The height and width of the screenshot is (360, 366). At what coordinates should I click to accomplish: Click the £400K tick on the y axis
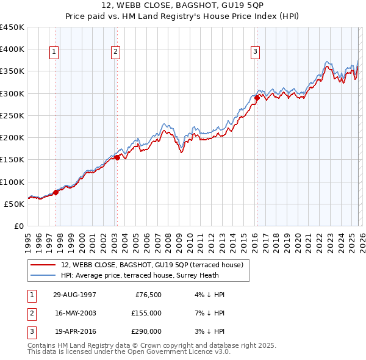click(x=12, y=49)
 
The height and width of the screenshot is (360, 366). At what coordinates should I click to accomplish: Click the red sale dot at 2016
click(x=257, y=98)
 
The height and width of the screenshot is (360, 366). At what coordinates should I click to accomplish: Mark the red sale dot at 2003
click(x=118, y=157)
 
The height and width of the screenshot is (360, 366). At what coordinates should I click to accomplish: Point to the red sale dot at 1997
click(x=56, y=192)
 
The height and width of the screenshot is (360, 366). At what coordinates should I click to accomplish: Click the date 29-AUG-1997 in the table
click(x=75, y=294)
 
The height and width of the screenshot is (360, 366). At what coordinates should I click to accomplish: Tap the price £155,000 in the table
click(x=145, y=313)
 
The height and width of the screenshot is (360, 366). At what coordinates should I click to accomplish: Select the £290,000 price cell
click(x=145, y=332)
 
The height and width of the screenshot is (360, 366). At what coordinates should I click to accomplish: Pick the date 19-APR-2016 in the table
click(x=75, y=332)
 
